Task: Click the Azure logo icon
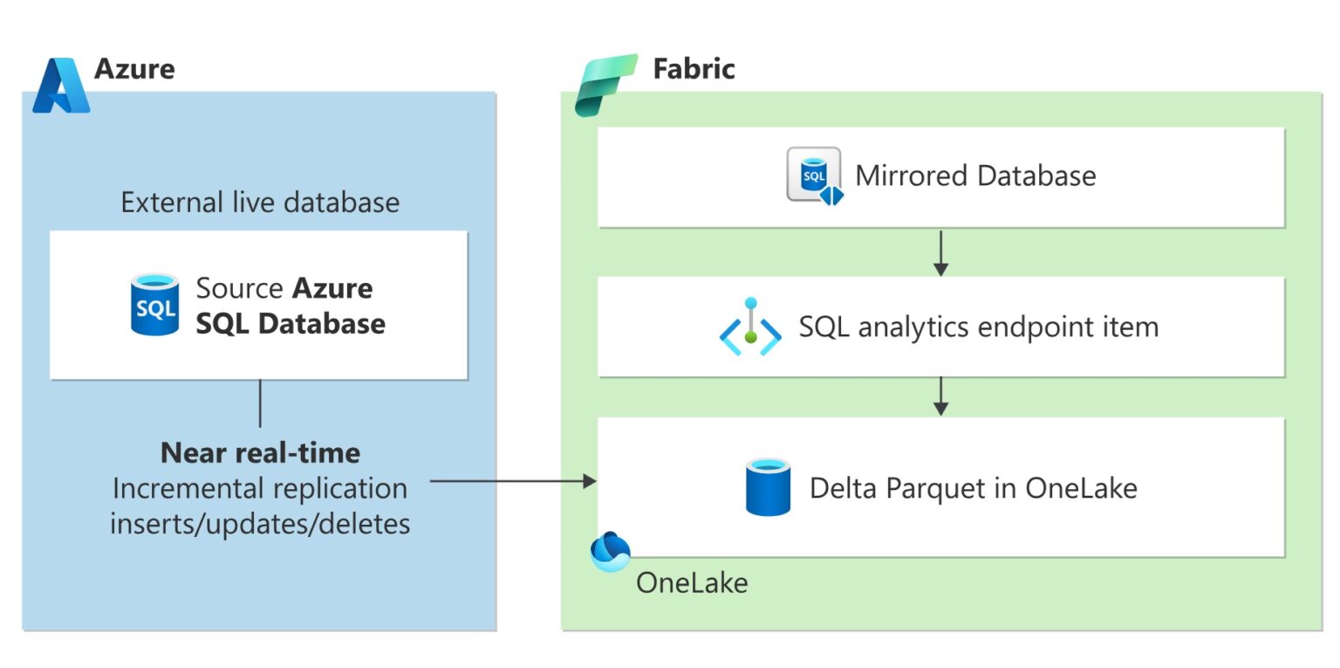coord(61,86)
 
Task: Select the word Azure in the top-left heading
coord(134,68)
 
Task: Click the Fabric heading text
coord(694,68)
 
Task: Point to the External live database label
coord(260,203)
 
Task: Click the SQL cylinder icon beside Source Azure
coord(155,305)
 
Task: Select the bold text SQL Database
coord(291,323)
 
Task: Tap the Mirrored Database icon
coord(815,176)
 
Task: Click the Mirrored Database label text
coord(975,176)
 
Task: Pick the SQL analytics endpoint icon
coord(749,327)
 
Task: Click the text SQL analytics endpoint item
coord(979,327)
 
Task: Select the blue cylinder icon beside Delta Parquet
coord(769,486)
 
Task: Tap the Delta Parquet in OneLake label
coord(973,487)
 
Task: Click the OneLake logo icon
coord(610,550)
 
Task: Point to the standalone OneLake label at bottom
coord(692,582)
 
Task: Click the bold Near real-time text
coord(260,452)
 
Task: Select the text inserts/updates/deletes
coord(260,523)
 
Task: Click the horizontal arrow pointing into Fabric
coord(513,481)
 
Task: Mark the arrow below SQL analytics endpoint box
coord(940,396)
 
